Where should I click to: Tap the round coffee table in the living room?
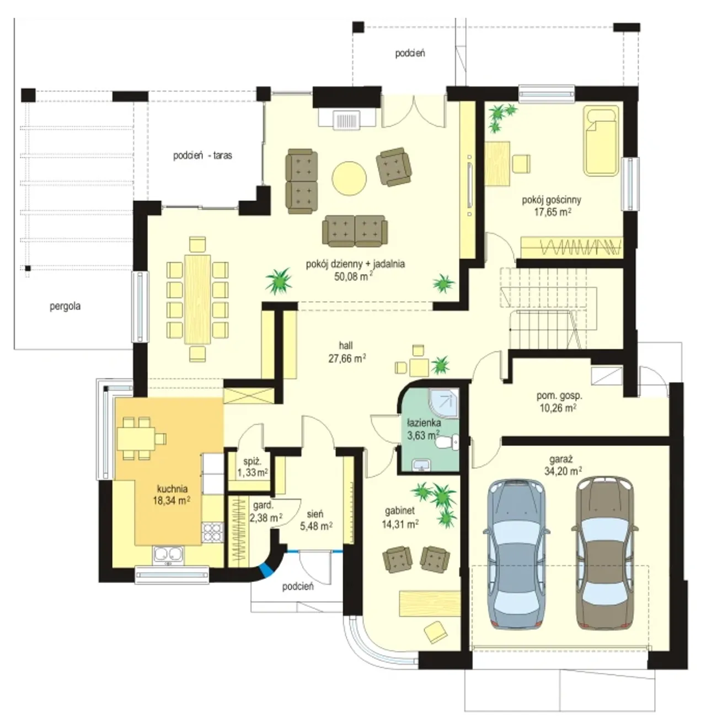349,178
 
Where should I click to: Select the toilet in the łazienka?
447,442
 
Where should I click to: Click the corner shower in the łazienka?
444,403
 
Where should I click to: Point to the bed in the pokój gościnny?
601,141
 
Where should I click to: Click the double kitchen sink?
168,555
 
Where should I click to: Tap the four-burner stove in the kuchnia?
212,532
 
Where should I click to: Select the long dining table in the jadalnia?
197,299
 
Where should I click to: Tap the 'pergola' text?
65,306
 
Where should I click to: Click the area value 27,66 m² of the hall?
347,359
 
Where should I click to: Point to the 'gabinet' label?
400,510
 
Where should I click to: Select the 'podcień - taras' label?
202,156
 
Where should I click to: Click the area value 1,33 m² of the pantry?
253,472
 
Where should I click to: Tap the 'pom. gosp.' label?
559,395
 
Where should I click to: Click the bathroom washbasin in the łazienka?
422,465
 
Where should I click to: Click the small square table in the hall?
419,367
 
